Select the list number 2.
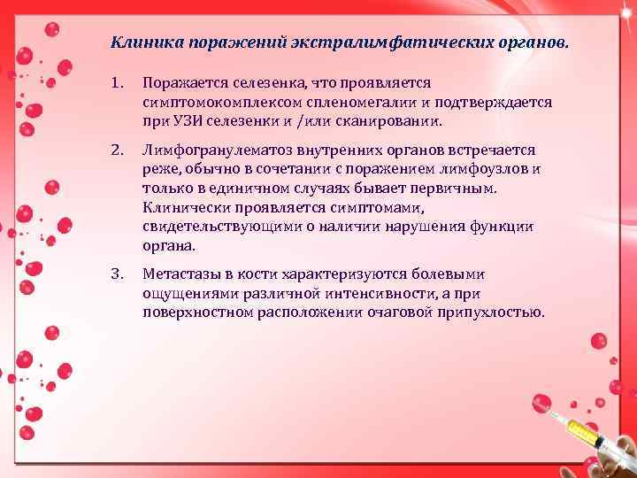pyautogui.click(x=117, y=150)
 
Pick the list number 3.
pyautogui.click(x=117, y=274)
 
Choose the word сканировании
pyautogui.click(x=397, y=121)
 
